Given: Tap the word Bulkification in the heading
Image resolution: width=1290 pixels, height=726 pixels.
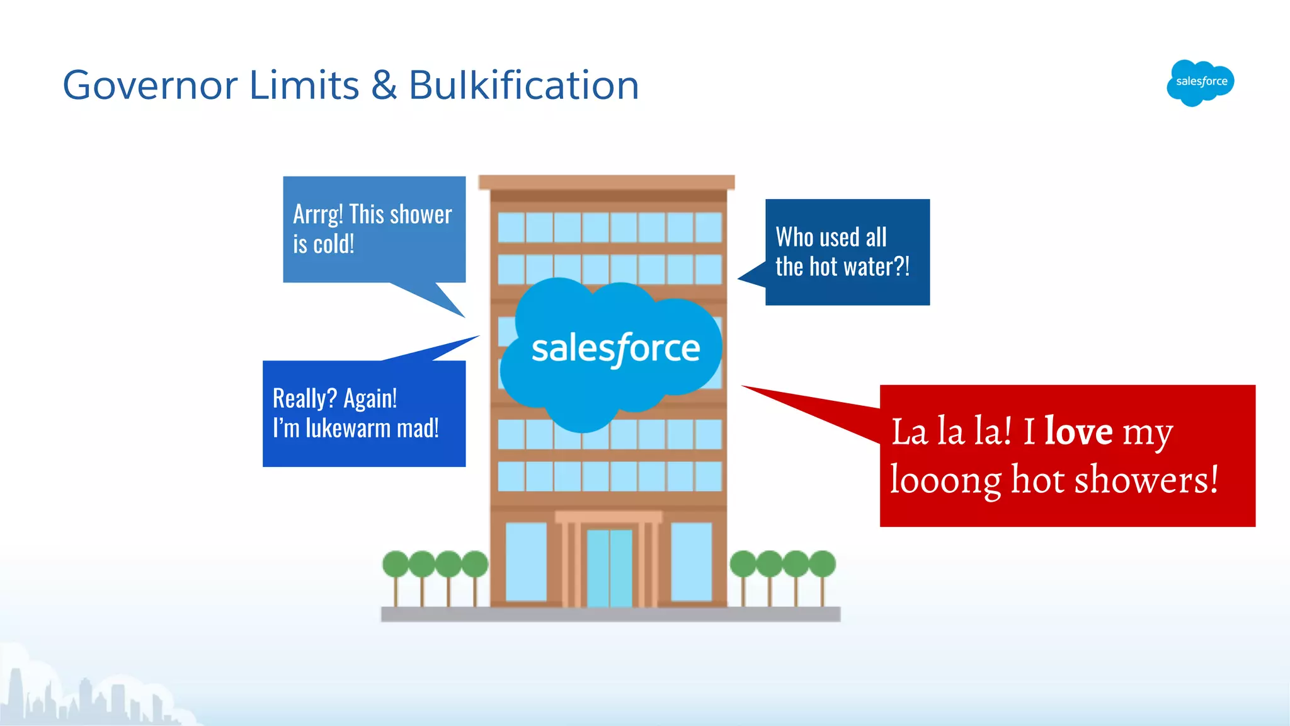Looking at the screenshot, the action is coord(524,85).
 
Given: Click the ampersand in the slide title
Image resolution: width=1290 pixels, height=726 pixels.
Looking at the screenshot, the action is coord(384,85).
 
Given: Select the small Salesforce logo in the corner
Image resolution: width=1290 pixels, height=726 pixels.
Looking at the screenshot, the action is coord(1201,82).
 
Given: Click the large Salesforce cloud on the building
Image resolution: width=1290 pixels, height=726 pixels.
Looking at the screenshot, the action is coord(614,350).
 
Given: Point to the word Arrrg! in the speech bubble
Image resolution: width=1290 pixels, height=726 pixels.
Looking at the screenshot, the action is coord(318,215).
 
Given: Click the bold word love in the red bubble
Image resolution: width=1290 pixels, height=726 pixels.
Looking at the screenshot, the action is coord(1078,432).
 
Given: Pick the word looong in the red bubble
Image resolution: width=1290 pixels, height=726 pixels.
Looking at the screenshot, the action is coord(945,480).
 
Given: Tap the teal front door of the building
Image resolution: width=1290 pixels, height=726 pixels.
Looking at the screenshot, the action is coord(609,567).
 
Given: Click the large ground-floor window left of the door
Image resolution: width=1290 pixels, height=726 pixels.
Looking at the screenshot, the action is coord(526,561).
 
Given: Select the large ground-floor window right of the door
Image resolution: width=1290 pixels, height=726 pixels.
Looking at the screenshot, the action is coord(691,561).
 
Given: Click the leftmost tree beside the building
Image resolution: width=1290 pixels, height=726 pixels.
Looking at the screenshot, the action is coord(396,564).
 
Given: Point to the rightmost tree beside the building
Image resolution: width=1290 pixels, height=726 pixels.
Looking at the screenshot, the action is coord(822,564).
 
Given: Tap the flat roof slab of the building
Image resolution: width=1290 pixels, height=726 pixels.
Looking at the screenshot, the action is coord(607,182).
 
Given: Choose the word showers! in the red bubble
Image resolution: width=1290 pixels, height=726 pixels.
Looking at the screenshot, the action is coord(1146,480).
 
